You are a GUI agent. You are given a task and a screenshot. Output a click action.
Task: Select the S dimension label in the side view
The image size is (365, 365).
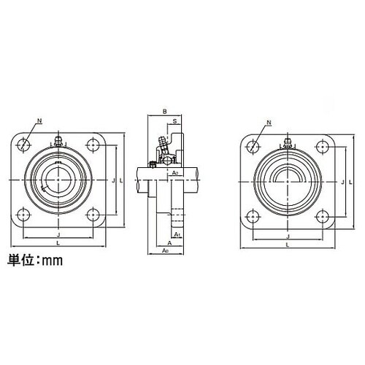pyautogui.click(x=175, y=120)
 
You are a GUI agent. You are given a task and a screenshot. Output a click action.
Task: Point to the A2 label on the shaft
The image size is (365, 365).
pyautogui.click(x=175, y=173)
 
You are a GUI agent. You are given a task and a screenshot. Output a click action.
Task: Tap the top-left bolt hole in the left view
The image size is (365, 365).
pyautogui.click(x=25, y=144)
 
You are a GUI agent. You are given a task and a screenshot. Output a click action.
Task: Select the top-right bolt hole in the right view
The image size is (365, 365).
pyautogui.click(x=321, y=145)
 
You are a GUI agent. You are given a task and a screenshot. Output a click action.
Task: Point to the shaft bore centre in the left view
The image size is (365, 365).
pyautogui.click(x=58, y=179)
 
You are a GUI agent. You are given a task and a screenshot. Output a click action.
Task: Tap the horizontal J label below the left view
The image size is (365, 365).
pyautogui.click(x=58, y=235)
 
